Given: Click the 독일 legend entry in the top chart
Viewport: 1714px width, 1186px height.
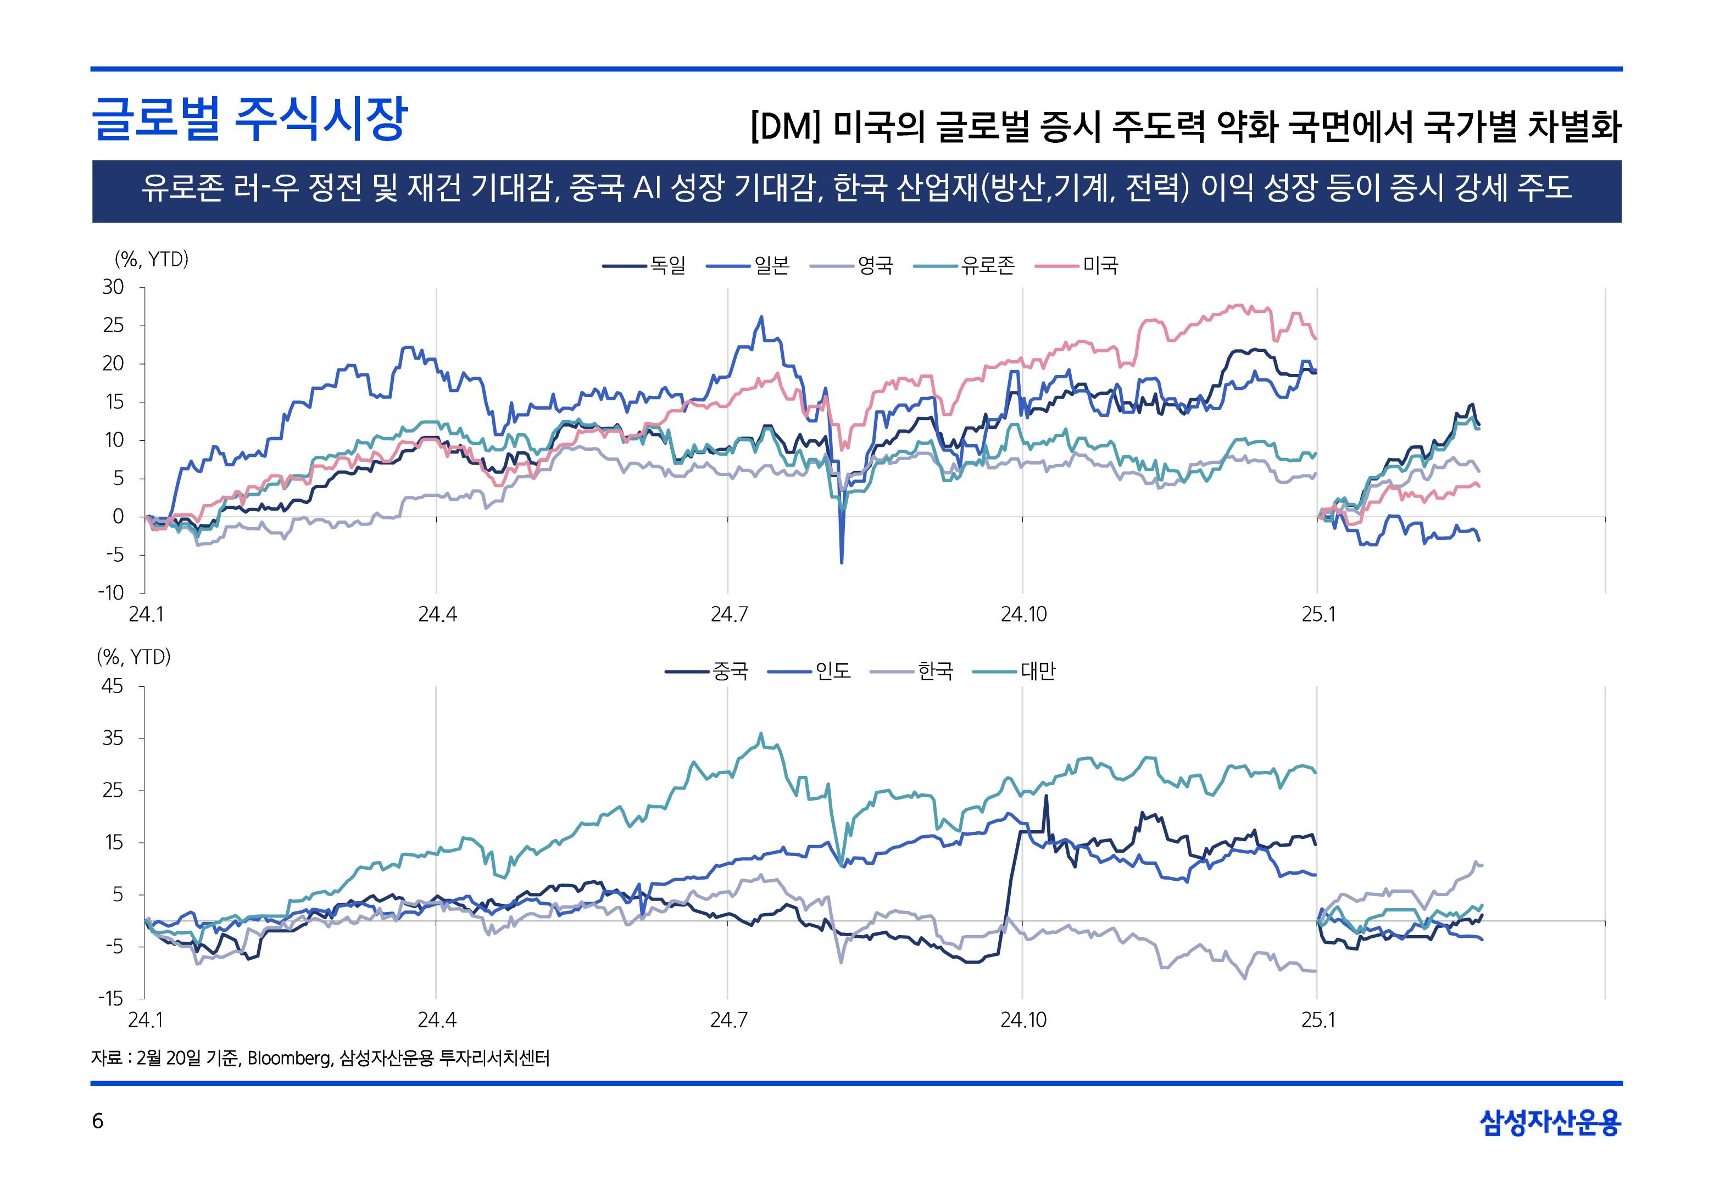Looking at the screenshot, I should (667, 265).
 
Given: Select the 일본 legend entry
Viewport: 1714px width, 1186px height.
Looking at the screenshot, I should (771, 265).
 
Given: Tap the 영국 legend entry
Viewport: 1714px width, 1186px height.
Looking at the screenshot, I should (874, 265).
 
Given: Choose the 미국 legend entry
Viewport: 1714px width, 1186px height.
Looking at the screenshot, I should (1099, 265).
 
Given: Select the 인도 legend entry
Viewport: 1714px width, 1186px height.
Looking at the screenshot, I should (832, 671).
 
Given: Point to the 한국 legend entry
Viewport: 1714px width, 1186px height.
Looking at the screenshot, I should (934, 671).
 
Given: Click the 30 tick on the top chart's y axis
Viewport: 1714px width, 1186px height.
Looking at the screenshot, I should (113, 287).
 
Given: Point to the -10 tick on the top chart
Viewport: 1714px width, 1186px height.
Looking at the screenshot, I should (112, 593).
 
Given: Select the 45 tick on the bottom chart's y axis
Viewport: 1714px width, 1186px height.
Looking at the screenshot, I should (112, 686).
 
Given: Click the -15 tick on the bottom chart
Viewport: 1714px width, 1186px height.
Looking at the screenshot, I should (112, 998).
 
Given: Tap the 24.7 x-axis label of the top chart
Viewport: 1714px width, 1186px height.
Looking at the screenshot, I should (728, 614).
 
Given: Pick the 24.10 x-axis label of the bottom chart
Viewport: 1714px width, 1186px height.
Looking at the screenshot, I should (1023, 1020).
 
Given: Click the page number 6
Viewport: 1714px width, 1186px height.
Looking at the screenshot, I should (97, 1121).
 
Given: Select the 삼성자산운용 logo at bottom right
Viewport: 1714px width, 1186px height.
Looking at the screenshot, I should (1549, 1121).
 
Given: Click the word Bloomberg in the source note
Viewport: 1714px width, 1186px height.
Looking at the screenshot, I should (289, 1058).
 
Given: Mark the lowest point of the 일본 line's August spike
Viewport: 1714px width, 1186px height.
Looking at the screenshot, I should (842, 563).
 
